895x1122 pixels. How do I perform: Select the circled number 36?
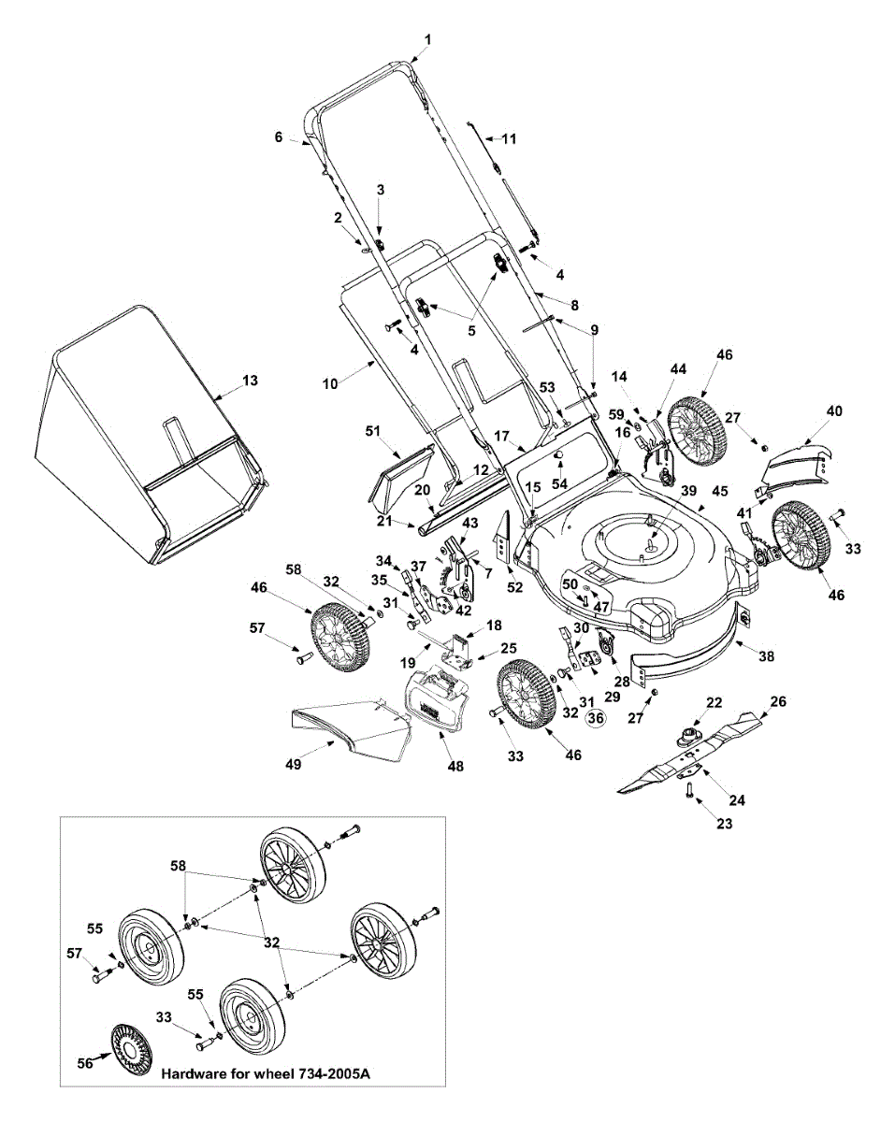[x=596, y=717]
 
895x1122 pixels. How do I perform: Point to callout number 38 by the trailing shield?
[x=766, y=656]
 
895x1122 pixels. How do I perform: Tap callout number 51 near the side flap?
[x=373, y=430]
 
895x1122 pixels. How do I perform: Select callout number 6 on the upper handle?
[x=279, y=137]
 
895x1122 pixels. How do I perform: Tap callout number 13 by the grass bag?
[x=248, y=381]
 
